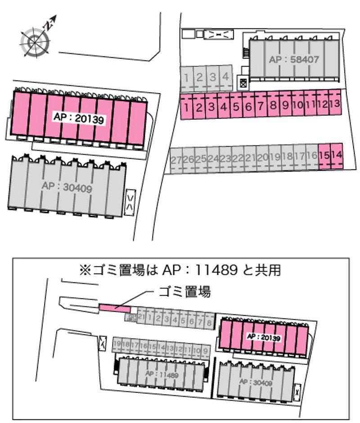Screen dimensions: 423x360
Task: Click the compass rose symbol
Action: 34,41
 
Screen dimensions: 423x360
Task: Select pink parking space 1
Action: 186,107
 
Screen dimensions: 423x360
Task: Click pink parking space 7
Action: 260,107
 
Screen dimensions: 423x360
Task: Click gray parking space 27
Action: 176,159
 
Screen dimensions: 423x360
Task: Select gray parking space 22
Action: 238,158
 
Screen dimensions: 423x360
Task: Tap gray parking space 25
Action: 201,159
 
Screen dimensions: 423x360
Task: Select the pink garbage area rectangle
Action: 114,308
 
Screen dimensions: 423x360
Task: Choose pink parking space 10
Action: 297,105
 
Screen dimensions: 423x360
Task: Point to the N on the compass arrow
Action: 47,25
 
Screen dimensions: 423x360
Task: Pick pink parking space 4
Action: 223,107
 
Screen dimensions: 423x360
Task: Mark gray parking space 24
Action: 213,159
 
